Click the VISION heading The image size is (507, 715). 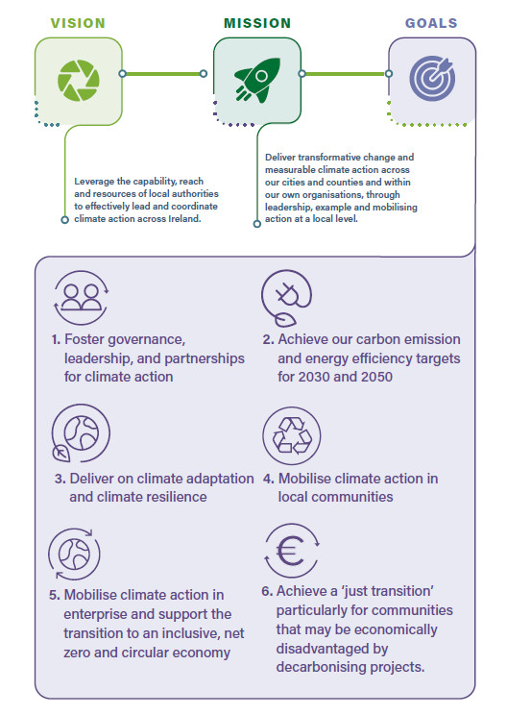click(78, 23)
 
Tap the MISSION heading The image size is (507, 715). click(257, 23)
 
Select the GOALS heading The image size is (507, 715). click(431, 23)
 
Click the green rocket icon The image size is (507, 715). click(257, 80)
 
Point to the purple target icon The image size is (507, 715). click(432, 78)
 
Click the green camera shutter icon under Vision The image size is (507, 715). click(79, 81)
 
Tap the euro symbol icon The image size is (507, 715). click(292, 551)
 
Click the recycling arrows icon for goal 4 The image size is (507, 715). click(292, 436)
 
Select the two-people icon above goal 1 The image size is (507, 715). click(82, 297)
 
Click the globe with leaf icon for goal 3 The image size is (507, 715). click(81, 433)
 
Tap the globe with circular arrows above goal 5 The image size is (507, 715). click(74, 555)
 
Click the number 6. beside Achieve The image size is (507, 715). click(267, 591)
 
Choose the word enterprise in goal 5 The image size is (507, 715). click(96, 615)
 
